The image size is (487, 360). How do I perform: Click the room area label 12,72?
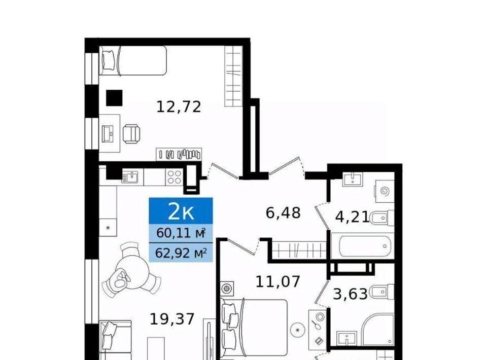tap(179, 107)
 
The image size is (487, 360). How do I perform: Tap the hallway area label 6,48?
tap(283, 213)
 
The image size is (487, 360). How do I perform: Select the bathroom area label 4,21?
tap(353, 217)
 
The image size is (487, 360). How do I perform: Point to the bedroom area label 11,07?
tap(277, 281)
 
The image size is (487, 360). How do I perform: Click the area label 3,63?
tap(351, 294)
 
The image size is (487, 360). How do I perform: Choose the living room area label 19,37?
tap(172, 319)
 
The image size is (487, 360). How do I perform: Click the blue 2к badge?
tap(181, 211)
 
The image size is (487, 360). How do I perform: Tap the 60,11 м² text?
tap(181, 233)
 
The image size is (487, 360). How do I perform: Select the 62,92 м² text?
tap(181, 253)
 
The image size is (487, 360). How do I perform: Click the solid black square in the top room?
tap(114, 98)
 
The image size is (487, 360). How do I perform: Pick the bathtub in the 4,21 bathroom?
tap(363, 246)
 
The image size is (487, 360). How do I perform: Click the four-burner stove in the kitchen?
tap(174, 177)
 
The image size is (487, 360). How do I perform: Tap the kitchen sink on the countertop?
tap(132, 177)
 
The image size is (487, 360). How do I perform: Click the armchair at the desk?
tap(131, 134)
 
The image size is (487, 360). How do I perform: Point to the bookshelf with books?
tap(179, 154)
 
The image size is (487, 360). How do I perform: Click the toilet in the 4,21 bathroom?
tap(382, 218)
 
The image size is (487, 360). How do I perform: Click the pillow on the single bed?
tap(109, 60)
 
